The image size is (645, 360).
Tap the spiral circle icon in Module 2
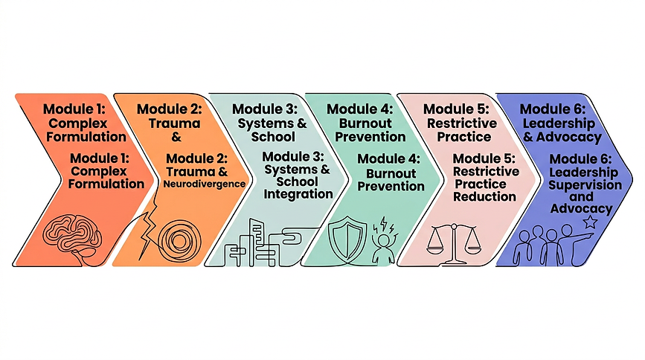coord(180,241)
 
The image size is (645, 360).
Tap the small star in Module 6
coord(590,222)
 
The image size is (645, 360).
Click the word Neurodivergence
coord(204,184)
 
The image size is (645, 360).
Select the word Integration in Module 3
coord(298,194)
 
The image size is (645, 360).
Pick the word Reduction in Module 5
coord(484,196)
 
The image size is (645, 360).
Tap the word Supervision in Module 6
coord(585,185)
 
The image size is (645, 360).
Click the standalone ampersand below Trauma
coord(176,137)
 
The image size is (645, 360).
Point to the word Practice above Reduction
coord(481,184)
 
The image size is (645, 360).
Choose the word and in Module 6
coord(581,196)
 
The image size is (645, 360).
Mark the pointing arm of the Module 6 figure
coord(581,238)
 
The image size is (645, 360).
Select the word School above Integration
coord(297,181)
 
